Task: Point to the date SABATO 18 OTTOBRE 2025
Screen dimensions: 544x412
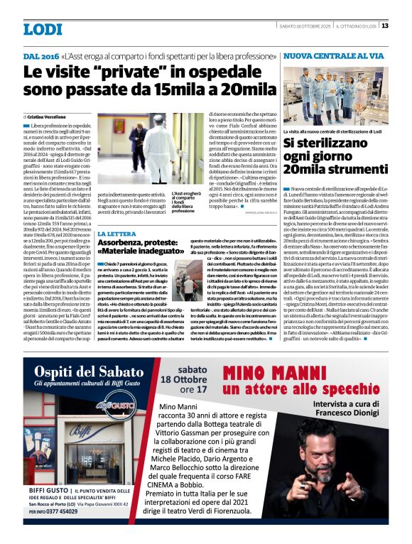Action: [x=306, y=26]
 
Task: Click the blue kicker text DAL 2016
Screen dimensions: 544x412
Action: [x=41, y=55]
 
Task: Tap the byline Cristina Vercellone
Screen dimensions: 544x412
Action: [x=48, y=114]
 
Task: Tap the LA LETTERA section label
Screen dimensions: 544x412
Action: [x=117, y=233]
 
